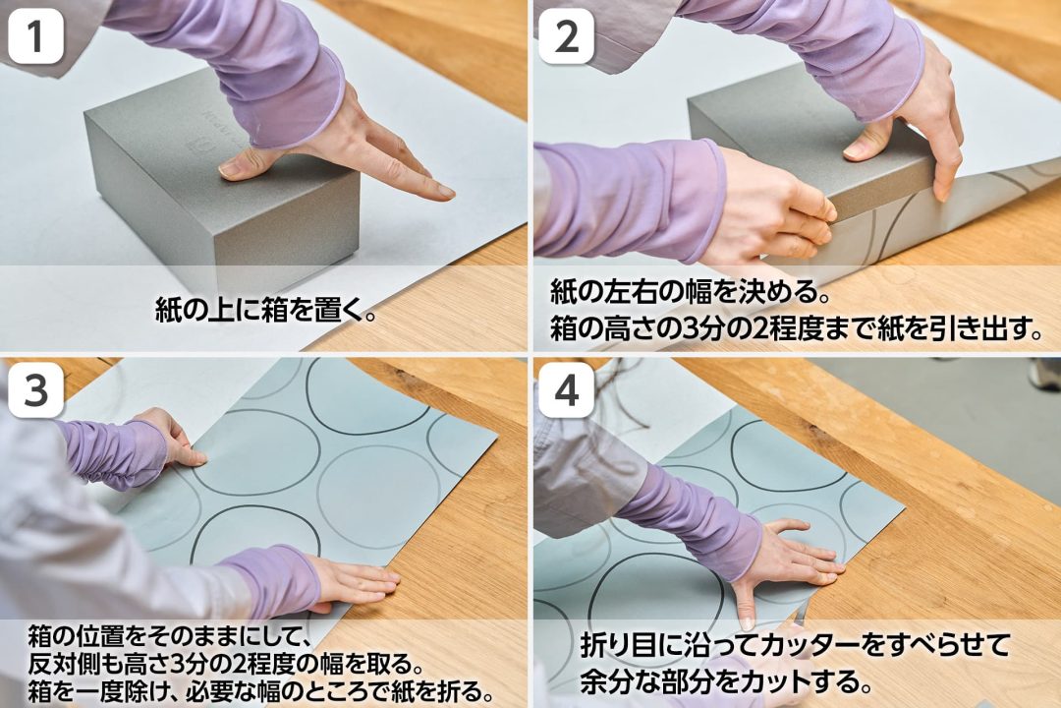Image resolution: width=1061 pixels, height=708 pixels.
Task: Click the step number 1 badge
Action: [x=35, y=37]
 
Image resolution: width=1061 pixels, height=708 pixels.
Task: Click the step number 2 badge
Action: [x=566, y=37]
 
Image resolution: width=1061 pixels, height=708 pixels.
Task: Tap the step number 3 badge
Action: [x=35, y=391]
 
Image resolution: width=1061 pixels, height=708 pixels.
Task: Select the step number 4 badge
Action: [x=566, y=391]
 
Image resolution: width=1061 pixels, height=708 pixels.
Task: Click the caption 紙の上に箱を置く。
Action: [x=265, y=310]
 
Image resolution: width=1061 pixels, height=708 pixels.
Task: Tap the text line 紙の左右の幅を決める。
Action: [x=691, y=293]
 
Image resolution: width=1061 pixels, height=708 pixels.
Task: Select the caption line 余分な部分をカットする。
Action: [x=725, y=680]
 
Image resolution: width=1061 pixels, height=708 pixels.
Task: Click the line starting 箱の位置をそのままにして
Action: [x=169, y=637]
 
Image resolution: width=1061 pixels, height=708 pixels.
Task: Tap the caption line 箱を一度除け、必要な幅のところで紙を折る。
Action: [x=260, y=691]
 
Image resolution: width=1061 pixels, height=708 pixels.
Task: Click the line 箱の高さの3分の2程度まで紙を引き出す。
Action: [x=797, y=328]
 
